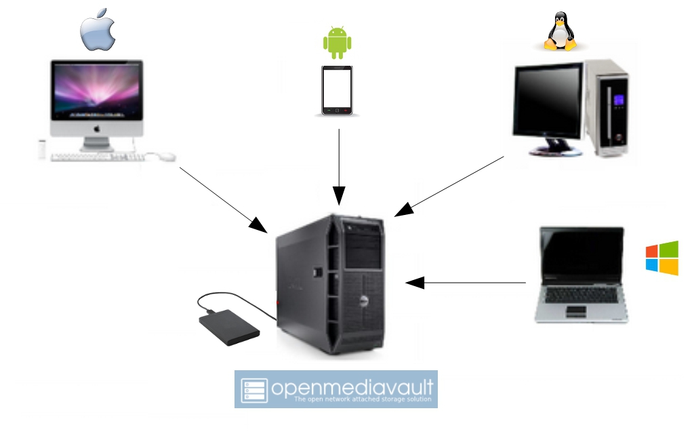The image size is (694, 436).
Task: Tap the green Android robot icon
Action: click(x=337, y=43)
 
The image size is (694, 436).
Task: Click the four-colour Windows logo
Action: click(x=662, y=258)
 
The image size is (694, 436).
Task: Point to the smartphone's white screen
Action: click(x=337, y=89)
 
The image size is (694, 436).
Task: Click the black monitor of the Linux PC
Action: click(x=548, y=100)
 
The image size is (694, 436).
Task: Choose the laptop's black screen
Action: click(x=581, y=251)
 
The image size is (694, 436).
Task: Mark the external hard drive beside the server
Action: click(x=229, y=327)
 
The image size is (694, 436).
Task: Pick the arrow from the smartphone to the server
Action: click(x=339, y=166)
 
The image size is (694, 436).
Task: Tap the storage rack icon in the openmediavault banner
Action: click(x=255, y=389)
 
